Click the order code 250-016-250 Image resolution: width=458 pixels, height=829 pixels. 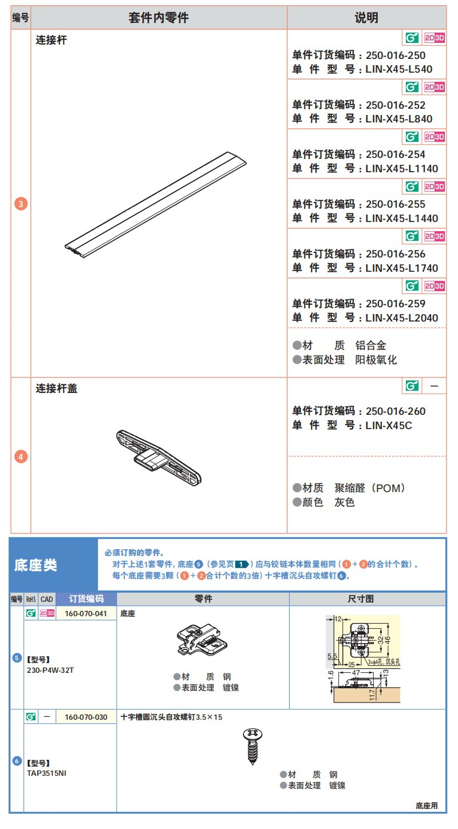click(x=396, y=55)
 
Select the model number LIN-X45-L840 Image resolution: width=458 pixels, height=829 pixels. click(x=398, y=119)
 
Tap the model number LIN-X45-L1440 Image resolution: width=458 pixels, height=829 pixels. click(x=401, y=219)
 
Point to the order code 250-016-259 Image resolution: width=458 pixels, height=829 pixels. click(x=396, y=304)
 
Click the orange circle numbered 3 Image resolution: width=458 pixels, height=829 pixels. click(x=21, y=204)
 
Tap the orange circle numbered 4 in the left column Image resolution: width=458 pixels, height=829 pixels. click(x=21, y=457)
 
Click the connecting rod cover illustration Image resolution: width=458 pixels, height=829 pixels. click(x=159, y=456)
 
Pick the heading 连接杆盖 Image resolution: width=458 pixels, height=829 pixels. click(x=57, y=388)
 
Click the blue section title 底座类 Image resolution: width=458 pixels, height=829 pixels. click(x=35, y=565)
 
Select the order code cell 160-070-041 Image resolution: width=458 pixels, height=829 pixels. click(x=86, y=613)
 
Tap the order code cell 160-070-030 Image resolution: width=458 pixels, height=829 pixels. click(x=86, y=717)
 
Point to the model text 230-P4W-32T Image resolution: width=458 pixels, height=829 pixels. click(x=50, y=669)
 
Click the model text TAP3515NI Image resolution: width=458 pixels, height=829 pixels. click(x=46, y=773)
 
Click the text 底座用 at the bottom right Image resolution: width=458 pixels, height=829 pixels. click(x=427, y=806)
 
